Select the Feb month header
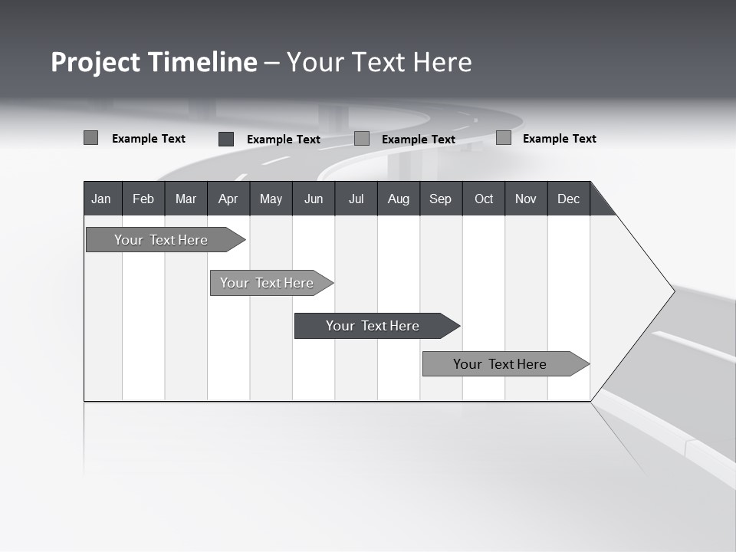[143, 199]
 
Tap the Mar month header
[186, 199]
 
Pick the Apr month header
[228, 199]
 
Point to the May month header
[271, 199]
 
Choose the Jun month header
[314, 199]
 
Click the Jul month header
[356, 199]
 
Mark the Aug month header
[399, 199]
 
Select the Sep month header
[441, 199]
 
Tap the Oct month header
[484, 199]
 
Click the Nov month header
[526, 199]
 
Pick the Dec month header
[569, 199]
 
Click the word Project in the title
[95, 62]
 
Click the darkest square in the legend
[226, 139]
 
